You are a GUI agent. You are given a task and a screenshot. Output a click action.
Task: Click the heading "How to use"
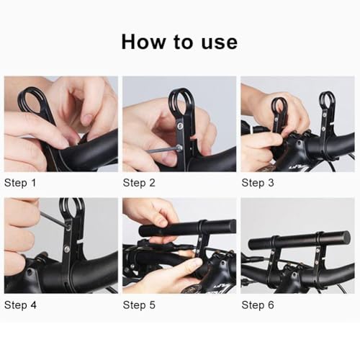[179, 42]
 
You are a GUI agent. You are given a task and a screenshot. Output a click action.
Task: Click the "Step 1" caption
[20, 183]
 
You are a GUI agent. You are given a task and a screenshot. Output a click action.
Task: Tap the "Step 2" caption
[139, 183]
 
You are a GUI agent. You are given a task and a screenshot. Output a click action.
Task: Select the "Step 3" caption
[257, 183]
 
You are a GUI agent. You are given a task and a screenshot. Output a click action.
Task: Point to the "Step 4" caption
[20, 305]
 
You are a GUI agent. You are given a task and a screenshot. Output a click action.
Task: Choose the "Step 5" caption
[139, 305]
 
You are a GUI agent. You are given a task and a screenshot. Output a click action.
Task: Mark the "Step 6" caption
[257, 305]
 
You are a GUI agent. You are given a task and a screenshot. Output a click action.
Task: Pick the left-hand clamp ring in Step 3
[279, 107]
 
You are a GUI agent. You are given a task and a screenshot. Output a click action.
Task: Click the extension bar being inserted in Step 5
[187, 229]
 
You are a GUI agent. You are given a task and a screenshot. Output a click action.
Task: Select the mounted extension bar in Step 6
[298, 240]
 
